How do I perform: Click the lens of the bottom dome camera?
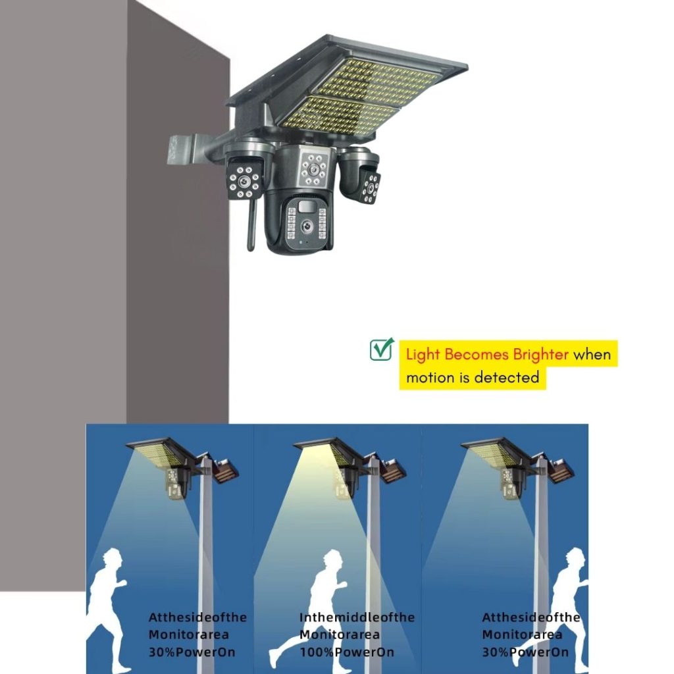(x=306, y=225)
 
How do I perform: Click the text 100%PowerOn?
(x=346, y=652)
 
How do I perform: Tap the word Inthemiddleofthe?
(x=357, y=617)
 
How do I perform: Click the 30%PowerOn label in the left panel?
(x=192, y=652)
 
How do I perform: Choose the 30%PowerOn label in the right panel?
(x=525, y=652)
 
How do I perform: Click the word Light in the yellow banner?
(x=423, y=355)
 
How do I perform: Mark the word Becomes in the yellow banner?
(x=477, y=355)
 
